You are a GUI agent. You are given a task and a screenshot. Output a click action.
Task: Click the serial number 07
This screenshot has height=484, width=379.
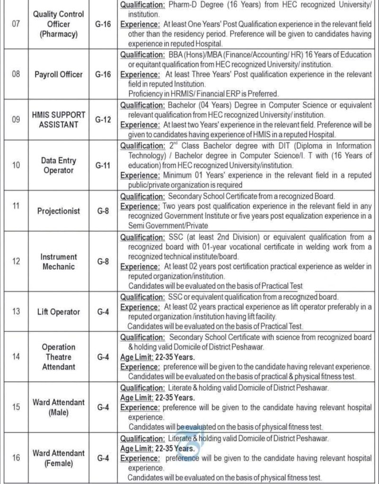15,24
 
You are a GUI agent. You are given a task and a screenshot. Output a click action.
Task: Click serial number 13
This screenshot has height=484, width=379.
15,312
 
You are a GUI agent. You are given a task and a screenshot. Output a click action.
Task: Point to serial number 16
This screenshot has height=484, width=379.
15,458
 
